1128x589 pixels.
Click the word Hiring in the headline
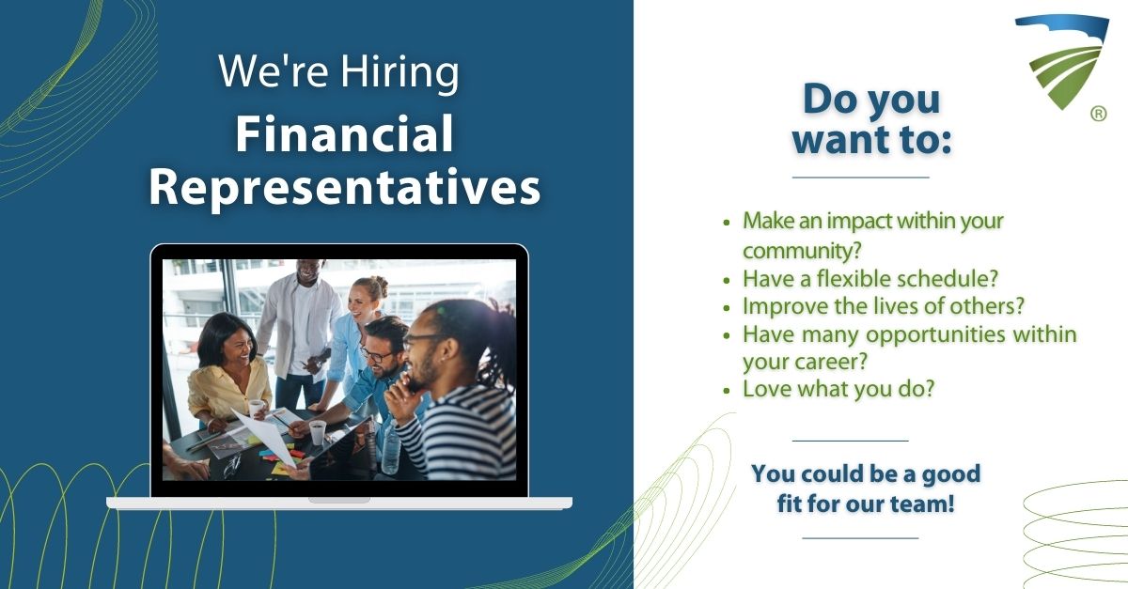pos(399,72)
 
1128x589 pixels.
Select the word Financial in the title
pos(344,133)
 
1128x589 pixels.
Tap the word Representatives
pos(344,188)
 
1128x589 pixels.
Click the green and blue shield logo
pos(1062,61)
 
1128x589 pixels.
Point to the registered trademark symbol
pos(1099,114)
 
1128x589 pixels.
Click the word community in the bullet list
pos(802,251)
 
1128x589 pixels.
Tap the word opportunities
pos(935,334)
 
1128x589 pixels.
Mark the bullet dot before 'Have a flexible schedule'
pos(726,280)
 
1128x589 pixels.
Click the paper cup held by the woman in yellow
pos(256,408)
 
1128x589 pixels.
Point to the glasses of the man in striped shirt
pos(423,341)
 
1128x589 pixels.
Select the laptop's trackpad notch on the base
pos(339,500)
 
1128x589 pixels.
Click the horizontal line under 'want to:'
pos(861,178)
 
